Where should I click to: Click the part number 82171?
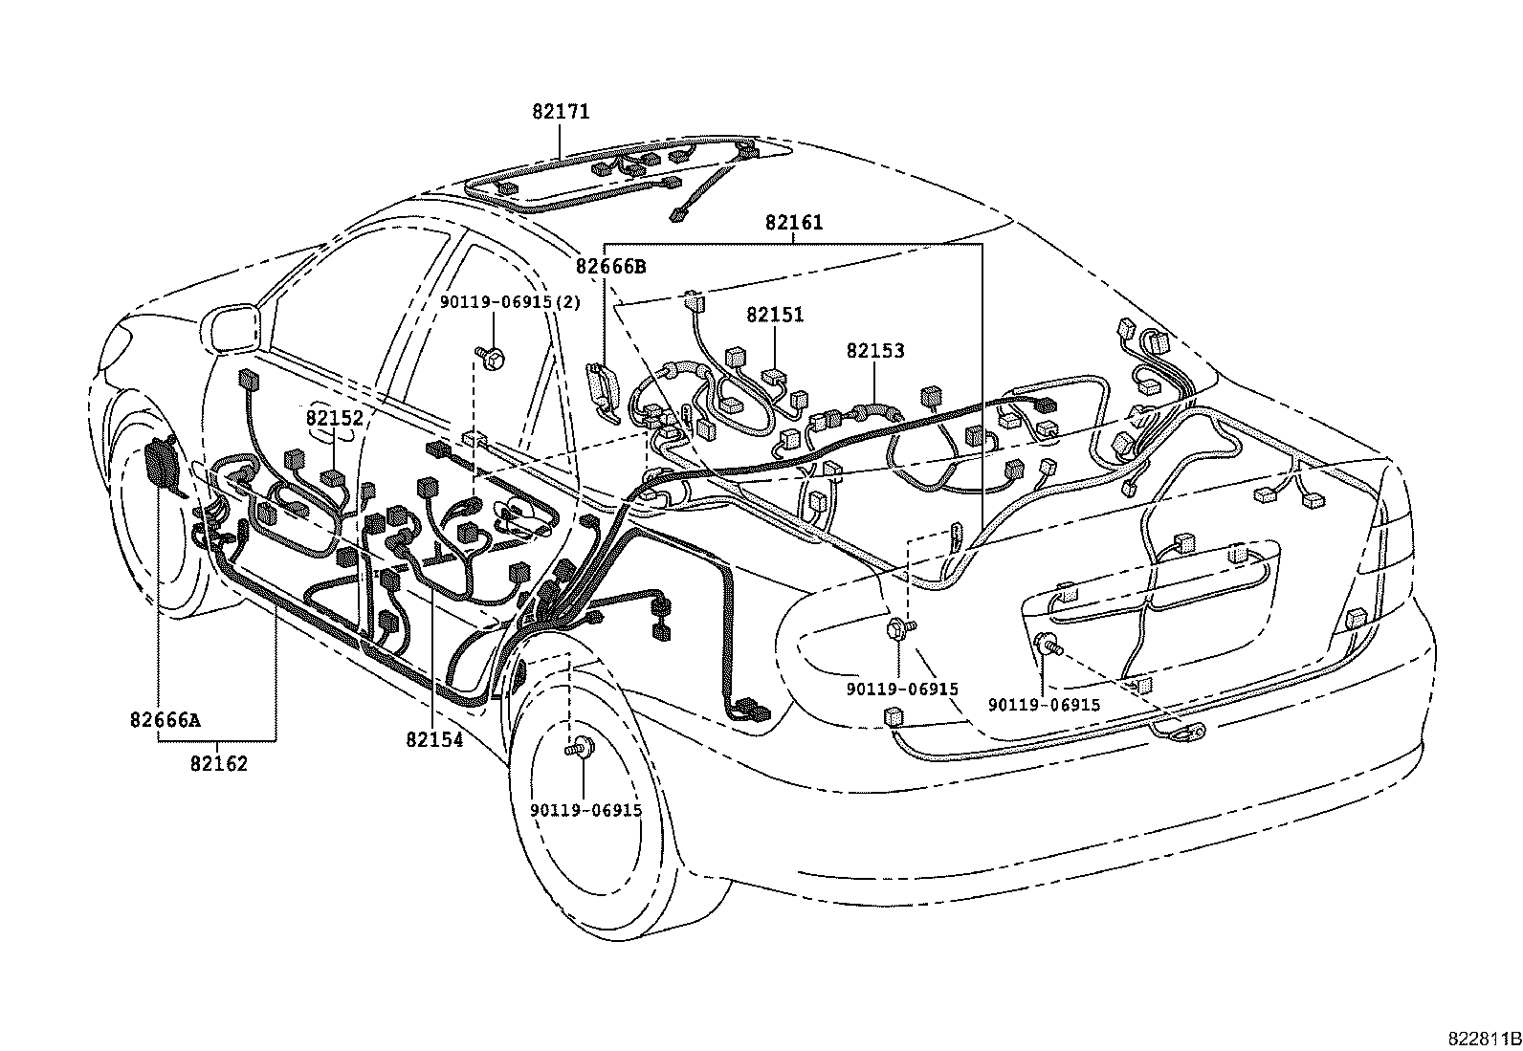point(561,112)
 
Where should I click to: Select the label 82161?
point(793,223)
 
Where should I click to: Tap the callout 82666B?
point(610,267)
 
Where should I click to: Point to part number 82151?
point(775,315)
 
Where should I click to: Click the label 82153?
point(874,351)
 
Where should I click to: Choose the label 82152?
point(335,418)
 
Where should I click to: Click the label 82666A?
point(166,720)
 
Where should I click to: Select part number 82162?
point(218,763)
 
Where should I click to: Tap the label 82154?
point(433,739)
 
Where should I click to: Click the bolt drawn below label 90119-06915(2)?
point(494,357)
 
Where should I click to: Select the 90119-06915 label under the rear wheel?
point(585,810)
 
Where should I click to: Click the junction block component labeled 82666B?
point(603,390)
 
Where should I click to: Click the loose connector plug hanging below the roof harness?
point(681,214)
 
